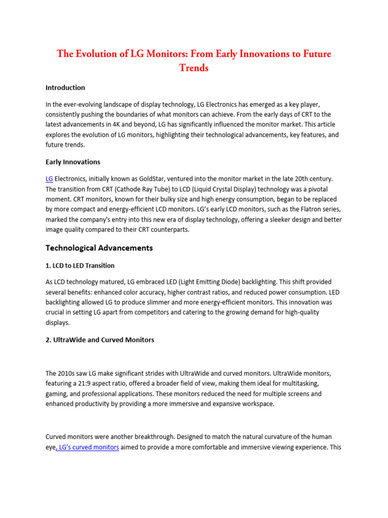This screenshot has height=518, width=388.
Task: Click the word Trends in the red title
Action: tap(194, 68)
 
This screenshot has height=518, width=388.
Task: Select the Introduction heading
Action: tap(65, 88)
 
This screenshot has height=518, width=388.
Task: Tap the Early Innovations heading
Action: tap(73, 162)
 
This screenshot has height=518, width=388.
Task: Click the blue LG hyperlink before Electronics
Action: tap(49, 179)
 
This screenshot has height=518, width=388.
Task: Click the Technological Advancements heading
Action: tap(99, 248)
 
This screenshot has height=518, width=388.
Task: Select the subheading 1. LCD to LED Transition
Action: tap(80, 266)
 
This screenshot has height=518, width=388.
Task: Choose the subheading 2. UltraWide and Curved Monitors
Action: tap(100, 340)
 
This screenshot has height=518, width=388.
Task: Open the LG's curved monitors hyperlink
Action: tap(87, 448)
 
